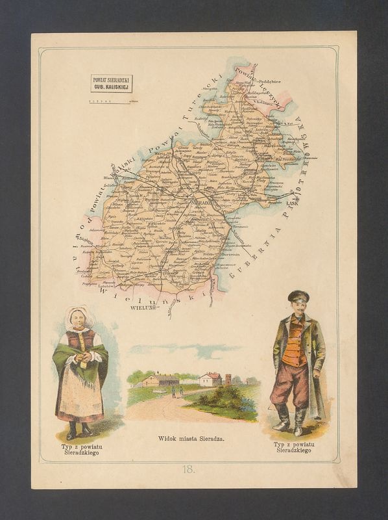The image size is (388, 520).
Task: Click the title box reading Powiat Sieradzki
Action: click(x=111, y=83)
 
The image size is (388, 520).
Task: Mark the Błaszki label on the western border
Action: click(x=110, y=177)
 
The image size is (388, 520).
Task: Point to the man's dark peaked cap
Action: click(x=298, y=296)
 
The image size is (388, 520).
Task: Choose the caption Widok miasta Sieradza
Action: click(x=191, y=439)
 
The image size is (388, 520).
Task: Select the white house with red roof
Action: click(x=210, y=378)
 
